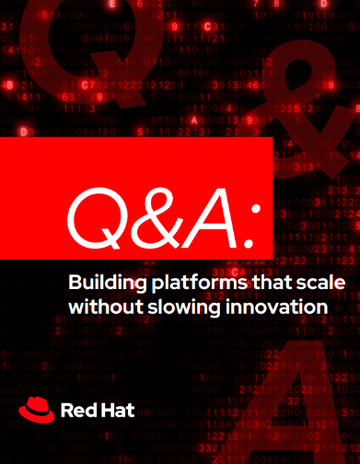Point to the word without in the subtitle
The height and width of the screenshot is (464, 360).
[106, 307]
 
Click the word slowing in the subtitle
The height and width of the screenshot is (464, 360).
[184, 307]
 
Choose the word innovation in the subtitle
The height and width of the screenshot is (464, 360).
[276, 307]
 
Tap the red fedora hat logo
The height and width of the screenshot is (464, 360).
[37, 410]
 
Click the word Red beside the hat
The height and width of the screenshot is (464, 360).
[77, 411]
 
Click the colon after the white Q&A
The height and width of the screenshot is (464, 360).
[254, 226]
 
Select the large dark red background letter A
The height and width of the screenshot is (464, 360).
[295, 405]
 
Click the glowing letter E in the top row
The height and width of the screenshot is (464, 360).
[112, 4]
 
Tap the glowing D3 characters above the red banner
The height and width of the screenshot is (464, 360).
[27, 133]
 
